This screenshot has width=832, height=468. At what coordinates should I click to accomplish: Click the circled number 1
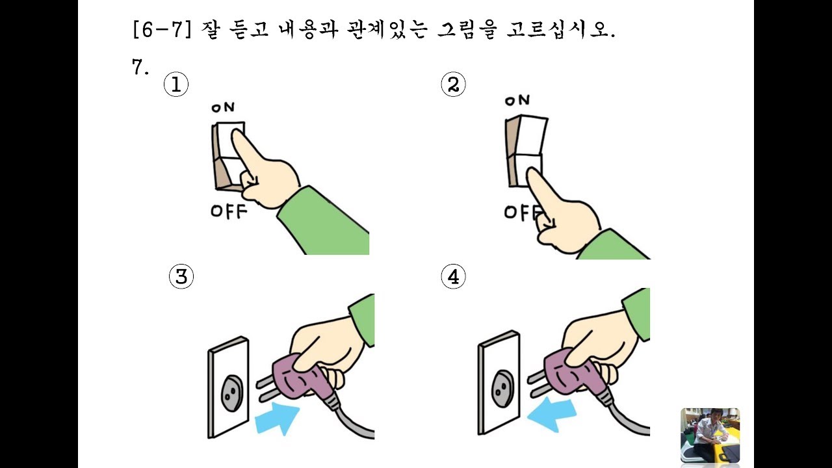pos(176,84)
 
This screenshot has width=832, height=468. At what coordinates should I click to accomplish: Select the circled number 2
pos(453,84)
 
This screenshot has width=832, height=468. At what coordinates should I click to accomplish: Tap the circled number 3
pos(181,277)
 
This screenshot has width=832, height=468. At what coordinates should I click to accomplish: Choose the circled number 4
pos(453,277)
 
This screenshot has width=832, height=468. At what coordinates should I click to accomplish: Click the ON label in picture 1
pos(223,107)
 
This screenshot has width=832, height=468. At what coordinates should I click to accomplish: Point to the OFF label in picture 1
pos(229,211)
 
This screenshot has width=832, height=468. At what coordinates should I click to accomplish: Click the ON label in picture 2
pos(517,100)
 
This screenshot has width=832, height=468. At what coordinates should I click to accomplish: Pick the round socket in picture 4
pos(502,389)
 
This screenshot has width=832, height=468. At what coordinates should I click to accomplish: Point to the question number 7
pos(140,67)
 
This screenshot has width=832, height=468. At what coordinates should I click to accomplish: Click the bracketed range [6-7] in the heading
pos(162,29)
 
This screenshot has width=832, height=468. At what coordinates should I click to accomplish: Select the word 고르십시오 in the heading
pos(561,29)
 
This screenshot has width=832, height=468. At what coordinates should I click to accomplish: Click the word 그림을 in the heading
pos(467,29)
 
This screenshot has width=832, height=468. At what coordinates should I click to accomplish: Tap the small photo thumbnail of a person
pos(710,435)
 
